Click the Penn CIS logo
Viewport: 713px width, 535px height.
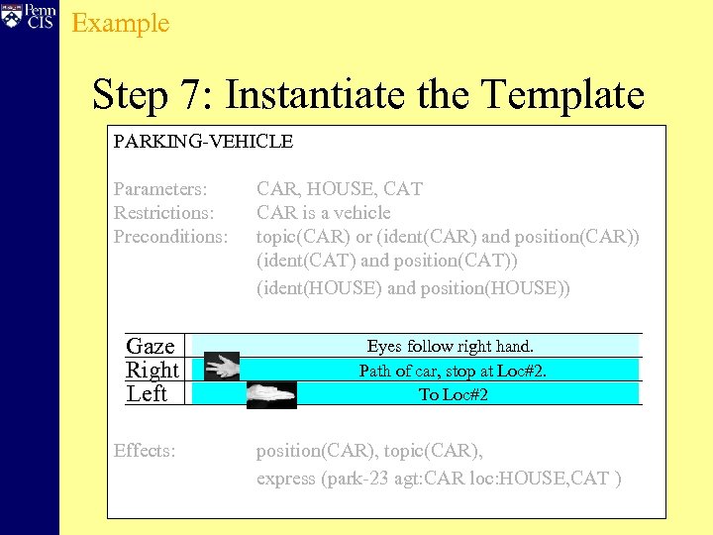pos(28,18)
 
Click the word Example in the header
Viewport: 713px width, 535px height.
pos(121,23)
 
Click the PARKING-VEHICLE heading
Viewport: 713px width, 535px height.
pos(203,142)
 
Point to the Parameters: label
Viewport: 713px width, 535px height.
pos(160,188)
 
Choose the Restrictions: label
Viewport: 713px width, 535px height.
pos(164,212)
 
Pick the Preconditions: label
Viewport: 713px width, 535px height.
pos(170,237)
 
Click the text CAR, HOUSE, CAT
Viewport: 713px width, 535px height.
pos(339,188)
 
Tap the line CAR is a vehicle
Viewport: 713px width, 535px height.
pos(323,212)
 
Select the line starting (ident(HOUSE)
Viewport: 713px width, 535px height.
pos(413,288)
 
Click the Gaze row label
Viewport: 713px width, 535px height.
pos(151,346)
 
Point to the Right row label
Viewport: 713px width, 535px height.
pos(153,370)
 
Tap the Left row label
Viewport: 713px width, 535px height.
pos(147,393)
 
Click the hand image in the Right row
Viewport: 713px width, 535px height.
pos(221,368)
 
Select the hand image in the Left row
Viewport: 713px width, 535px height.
pos(271,393)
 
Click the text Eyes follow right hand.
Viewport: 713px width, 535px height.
pos(450,346)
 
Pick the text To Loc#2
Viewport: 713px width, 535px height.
pos(453,394)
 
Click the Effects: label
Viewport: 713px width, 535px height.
pos(145,451)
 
